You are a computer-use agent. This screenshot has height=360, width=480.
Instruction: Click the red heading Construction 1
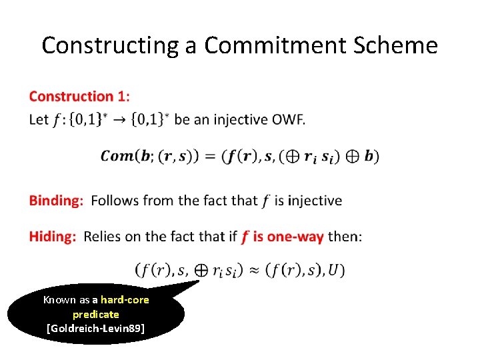[77, 97]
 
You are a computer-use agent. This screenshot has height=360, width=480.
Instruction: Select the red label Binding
[55, 201]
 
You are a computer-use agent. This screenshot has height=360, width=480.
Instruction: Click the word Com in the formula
[117, 156]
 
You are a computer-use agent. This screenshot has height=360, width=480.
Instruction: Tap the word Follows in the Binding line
[113, 201]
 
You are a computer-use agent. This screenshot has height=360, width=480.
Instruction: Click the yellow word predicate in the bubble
[96, 314]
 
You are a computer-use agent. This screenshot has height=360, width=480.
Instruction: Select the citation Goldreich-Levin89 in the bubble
[96, 328]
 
